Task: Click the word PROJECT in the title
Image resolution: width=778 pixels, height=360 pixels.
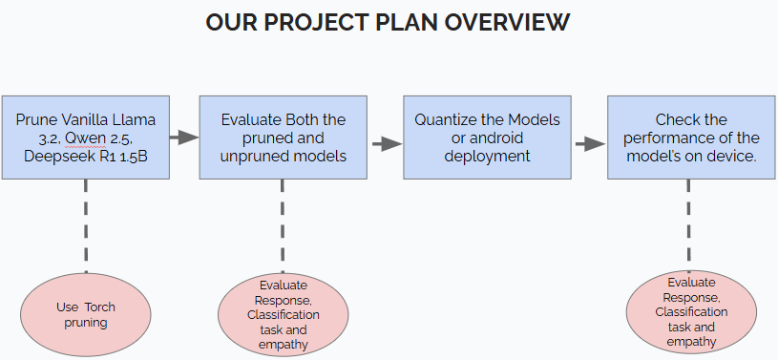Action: [316, 22]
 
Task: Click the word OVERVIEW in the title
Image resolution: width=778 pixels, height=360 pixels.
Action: [507, 22]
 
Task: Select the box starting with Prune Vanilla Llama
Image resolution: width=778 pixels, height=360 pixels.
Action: [86, 138]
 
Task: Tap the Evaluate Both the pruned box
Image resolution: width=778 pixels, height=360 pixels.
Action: [284, 138]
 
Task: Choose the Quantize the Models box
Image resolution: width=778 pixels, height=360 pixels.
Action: [487, 138]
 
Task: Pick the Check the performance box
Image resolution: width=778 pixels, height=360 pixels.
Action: [691, 138]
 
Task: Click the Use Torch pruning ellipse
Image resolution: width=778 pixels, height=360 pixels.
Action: [86, 314]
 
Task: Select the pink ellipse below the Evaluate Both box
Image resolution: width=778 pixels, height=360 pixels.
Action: [284, 314]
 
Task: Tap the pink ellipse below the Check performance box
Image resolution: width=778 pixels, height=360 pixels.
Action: [691, 312]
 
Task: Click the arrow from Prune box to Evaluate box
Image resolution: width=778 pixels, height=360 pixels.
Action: [184, 138]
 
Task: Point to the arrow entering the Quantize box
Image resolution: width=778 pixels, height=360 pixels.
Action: [388, 144]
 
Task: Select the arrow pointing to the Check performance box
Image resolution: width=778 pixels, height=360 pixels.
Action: [591, 144]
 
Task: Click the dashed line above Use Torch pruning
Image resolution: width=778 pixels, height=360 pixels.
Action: [86, 226]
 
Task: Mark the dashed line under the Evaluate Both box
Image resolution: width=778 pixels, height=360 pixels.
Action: [283, 226]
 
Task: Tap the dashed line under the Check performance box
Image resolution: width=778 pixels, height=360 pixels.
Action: [688, 225]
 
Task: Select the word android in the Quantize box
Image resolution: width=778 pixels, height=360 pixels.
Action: [495, 138]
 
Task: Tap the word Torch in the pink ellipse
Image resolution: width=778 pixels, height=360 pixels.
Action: [100, 307]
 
